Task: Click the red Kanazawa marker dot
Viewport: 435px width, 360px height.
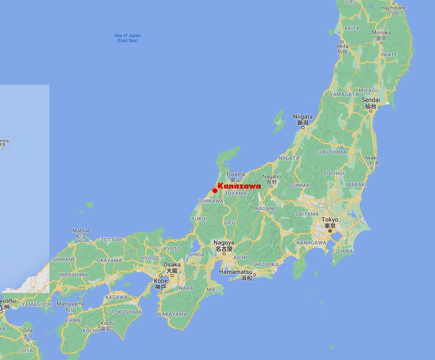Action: [x=215, y=190]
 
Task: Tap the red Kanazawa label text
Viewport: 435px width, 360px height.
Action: [x=239, y=186]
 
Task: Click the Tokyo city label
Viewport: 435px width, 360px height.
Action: [x=330, y=220]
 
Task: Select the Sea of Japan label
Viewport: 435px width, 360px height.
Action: [x=127, y=36]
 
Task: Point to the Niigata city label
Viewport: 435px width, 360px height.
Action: [x=303, y=116]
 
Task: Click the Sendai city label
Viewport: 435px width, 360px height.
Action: [x=370, y=100]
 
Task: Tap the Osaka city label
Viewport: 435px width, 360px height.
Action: [x=172, y=264]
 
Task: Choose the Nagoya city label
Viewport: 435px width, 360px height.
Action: [x=224, y=243]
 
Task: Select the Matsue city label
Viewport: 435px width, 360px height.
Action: [x=81, y=231]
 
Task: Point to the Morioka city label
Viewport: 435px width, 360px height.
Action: [x=381, y=33]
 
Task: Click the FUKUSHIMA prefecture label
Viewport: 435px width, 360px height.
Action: [x=331, y=152]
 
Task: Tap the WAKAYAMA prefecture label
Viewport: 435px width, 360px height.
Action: [x=172, y=314]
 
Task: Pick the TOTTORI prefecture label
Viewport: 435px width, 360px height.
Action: [x=111, y=240]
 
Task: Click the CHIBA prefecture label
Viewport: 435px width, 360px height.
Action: [x=345, y=251]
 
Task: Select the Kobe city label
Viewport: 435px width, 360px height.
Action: [x=161, y=281]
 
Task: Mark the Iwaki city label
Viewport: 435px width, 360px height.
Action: [x=371, y=158]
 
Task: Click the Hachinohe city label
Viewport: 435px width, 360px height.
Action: [x=393, y=8]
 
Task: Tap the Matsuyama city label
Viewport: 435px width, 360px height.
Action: [x=71, y=304]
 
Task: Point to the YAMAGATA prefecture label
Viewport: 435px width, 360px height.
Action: [x=344, y=94]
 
